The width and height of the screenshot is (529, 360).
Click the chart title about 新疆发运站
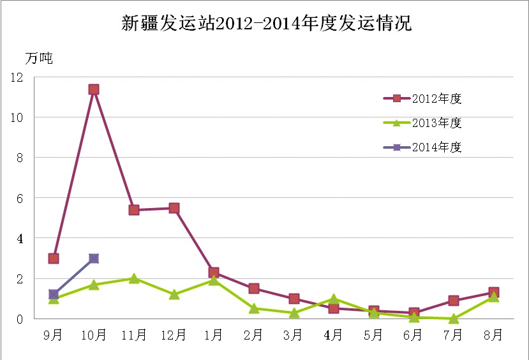pos(267,24)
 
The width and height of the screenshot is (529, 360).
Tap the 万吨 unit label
pos(39,59)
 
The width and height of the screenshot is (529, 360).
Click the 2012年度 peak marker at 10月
pos(94,89)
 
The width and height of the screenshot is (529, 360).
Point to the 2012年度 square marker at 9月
pos(54,259)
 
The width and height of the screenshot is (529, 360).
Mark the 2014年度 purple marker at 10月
pos(94,259)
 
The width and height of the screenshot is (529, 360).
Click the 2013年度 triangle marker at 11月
pos(134,278)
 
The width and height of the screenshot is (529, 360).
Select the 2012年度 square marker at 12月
pos(174,208)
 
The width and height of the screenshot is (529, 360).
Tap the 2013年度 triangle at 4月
pos(334,299)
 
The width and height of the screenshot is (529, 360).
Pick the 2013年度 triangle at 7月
pos(454,319)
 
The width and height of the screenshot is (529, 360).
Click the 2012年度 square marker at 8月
pos(494,292)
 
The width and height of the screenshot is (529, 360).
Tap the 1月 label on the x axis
pos(214,335)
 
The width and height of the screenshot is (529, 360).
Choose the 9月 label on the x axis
pos(54,335)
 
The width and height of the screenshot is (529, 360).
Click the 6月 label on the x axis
pos(414,335)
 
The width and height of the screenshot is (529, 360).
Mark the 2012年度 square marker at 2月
pos(254,289)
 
